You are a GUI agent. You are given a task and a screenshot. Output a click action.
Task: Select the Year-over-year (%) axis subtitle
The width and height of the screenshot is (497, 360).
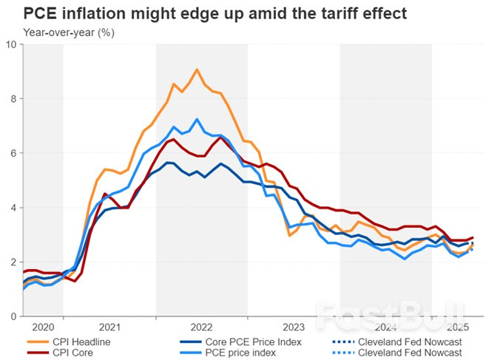pyautogui.click(x=70, y=33)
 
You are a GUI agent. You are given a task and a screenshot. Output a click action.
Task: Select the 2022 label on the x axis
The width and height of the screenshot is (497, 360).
pyautogui.click(x=202, y=326)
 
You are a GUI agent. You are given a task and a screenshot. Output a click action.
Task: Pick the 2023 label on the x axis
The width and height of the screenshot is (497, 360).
pyautogui.click(x=294, y=326)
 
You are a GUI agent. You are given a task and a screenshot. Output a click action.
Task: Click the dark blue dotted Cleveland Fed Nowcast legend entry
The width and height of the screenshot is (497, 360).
pyautogui.click(x=411, y=342)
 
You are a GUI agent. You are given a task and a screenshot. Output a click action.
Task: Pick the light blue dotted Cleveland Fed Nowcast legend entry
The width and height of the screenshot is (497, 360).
pyautogui.click(x=411, y=353)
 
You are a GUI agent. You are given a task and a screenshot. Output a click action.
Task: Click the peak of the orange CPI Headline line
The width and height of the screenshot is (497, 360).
pyautogui.click(x=197, y=69)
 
